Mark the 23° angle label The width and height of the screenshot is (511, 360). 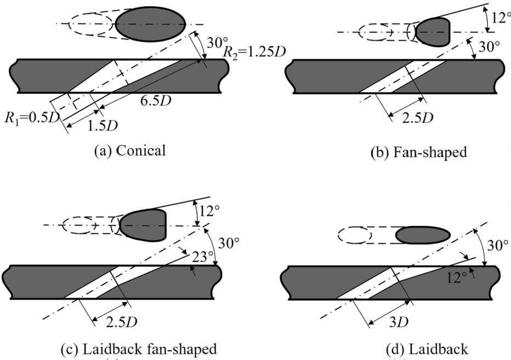point(201,256)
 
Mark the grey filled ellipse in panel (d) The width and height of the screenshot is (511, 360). point(423,235)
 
